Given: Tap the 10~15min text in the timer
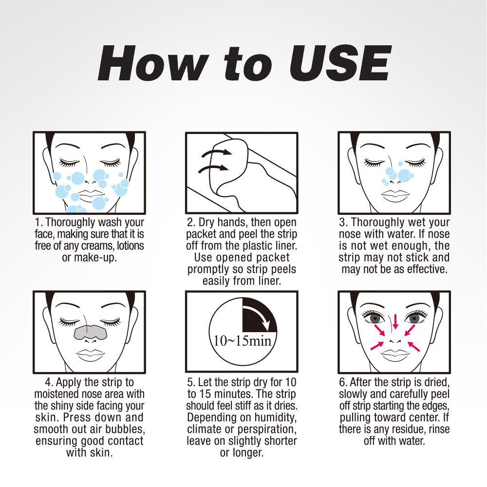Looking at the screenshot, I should [242, 340].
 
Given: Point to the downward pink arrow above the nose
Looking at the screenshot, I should [395, 321].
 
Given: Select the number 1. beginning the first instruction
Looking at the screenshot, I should [39, 223].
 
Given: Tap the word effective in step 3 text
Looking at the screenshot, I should [423, 269].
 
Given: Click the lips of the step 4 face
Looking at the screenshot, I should [89, 355].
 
